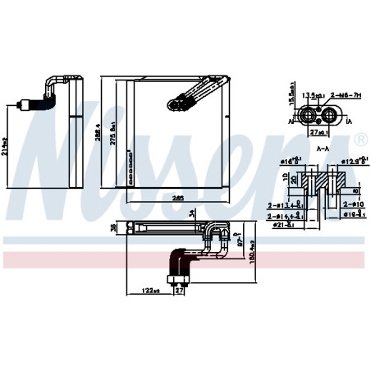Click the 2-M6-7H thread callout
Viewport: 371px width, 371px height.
tap(339, 96)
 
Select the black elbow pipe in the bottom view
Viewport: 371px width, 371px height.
tap(176, 264)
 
